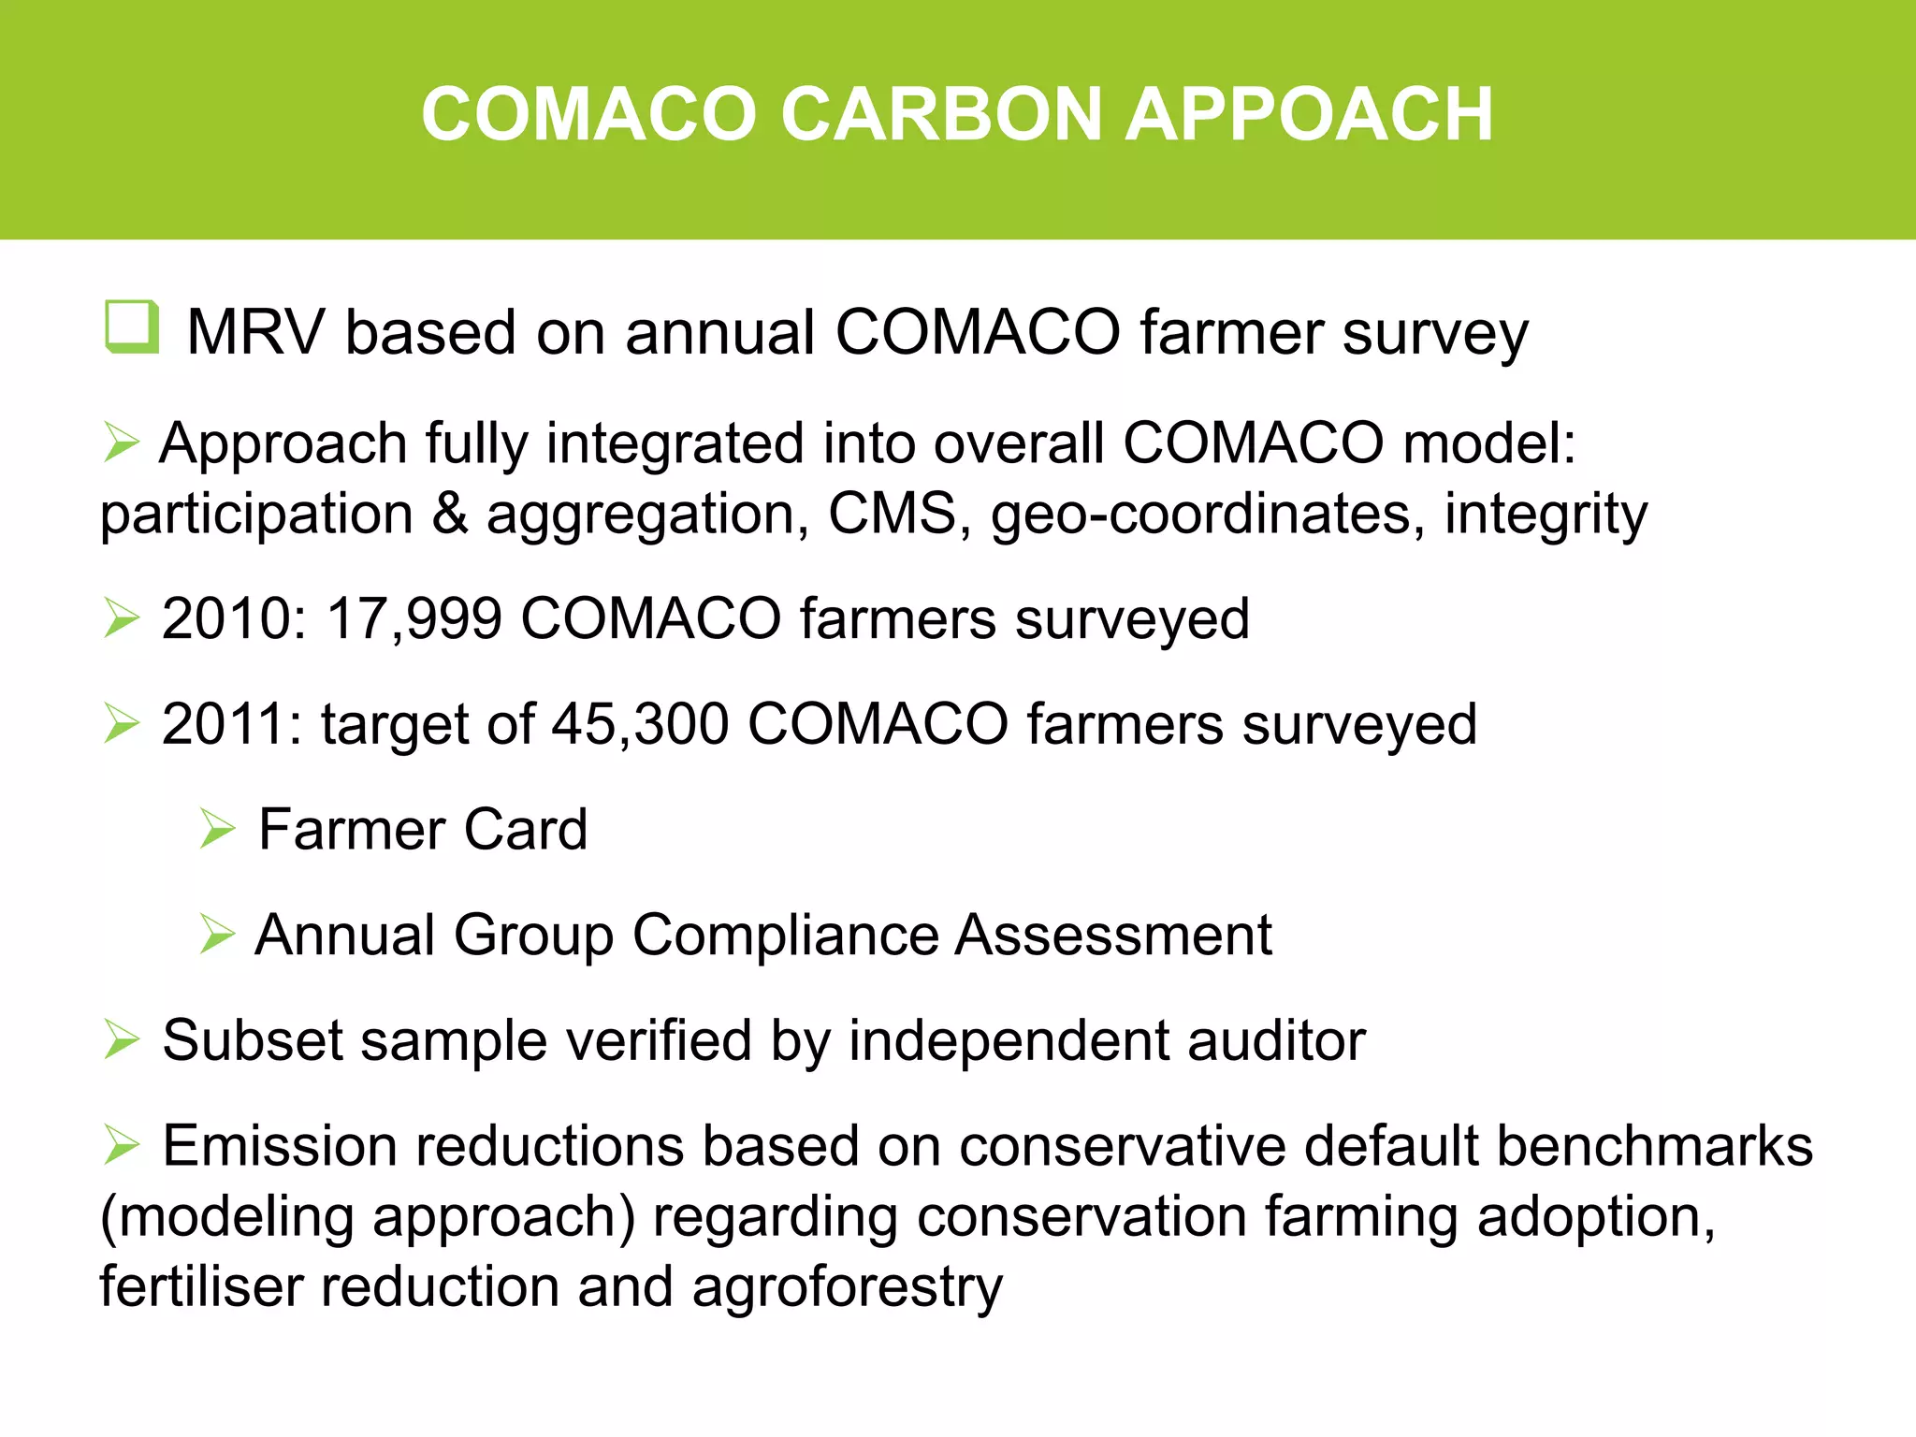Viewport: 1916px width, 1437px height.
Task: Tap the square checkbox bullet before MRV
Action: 130,327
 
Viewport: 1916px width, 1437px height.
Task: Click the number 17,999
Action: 414,619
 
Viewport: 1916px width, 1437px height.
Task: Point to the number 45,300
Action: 640,725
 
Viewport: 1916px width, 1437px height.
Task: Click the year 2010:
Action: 234,619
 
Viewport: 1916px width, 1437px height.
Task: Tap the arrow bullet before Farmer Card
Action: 217,829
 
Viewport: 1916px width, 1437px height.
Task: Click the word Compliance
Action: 785,935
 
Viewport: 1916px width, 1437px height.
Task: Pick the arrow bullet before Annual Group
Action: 217,935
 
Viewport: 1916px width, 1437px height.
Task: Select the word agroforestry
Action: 847,1288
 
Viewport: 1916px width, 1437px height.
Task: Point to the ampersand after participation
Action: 450,514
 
